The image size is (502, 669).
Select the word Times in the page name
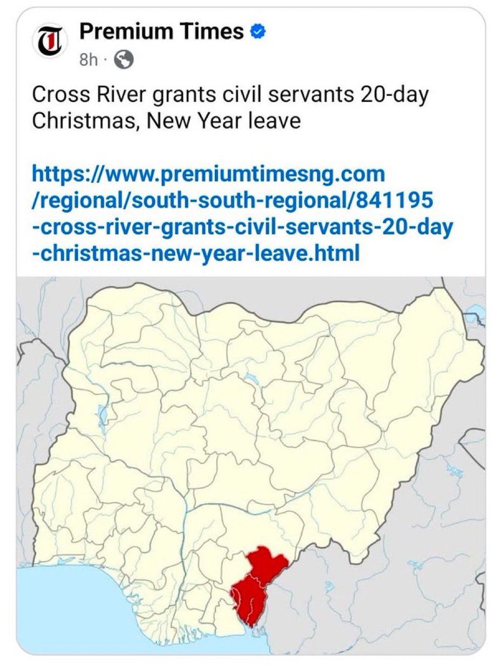tap(215, 32)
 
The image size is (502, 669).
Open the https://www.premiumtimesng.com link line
tap(209, 174)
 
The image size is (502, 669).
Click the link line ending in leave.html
tap(195, 254)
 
